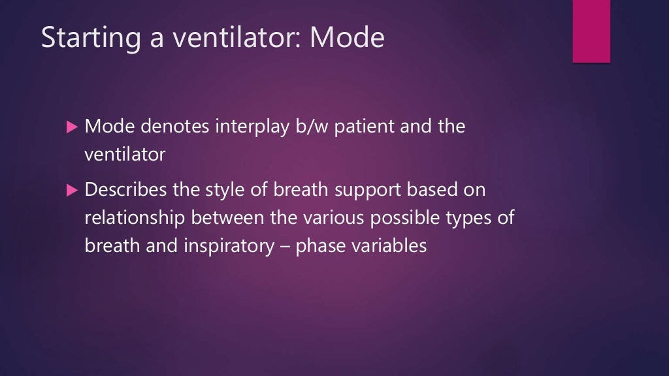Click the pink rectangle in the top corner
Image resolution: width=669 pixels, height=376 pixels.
tap(591, 31)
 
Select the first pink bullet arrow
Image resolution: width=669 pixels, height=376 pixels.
tap(72, 127)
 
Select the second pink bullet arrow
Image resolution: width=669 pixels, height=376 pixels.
tap(72, 190)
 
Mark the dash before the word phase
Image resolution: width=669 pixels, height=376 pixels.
tap(288, 247)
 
